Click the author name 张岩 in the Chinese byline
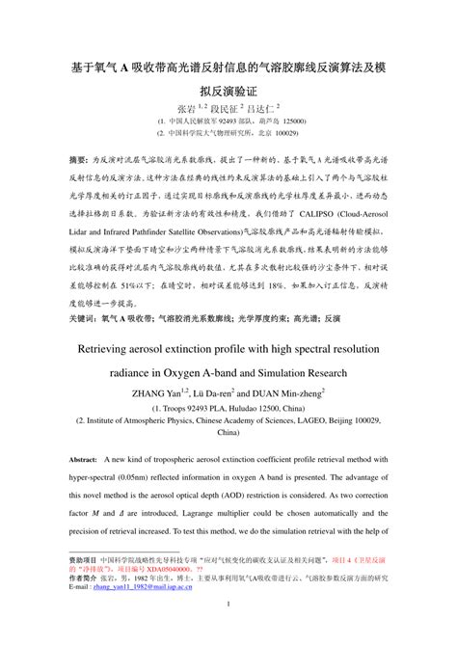184,110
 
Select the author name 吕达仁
259,110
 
